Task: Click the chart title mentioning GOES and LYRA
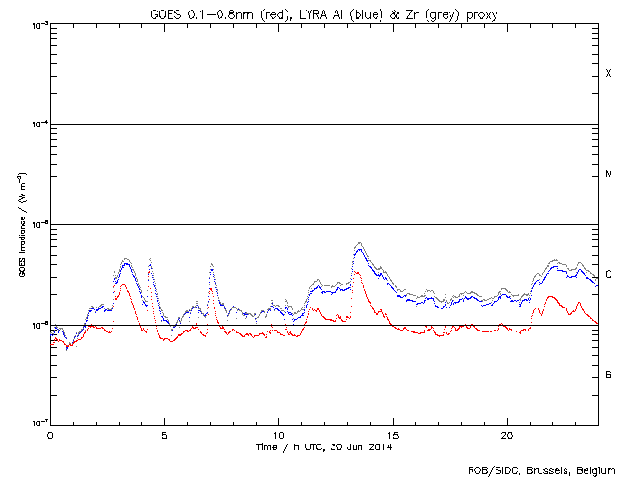(x=324, y=12)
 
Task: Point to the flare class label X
(x=608, y=74)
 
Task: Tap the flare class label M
(x=609, y=174)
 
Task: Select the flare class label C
(x=609, y=275)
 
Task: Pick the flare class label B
(x=609, y=375)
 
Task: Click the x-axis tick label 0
(x=50, y=435)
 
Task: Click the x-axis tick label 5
(x=164, y=435)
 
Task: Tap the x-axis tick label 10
(x=278, y=435)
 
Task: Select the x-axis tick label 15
(x=392, y=435)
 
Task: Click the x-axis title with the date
(x=325, y=446)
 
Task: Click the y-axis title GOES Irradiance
(x=21, y=226)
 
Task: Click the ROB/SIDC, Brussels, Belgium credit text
(x=541, y=470)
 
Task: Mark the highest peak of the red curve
(x=356, y=272)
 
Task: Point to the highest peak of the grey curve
(x=359, y=243)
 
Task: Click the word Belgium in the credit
(x=594, y=470)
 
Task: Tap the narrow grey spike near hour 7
(x=211, y=263)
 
